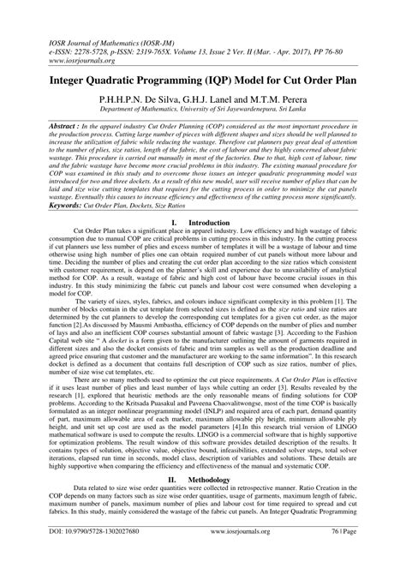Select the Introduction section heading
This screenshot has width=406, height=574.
[x=212, y=222]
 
